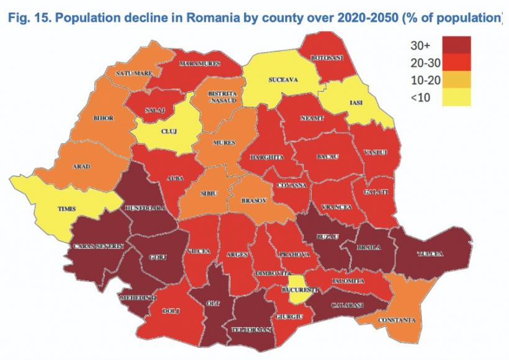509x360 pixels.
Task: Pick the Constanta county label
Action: pyautogui.click(x=398, y=320)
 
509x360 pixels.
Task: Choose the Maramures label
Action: pyautogui.click(x=196, y=64)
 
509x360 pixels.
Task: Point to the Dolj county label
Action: pyautogui.click(x=170, y=310)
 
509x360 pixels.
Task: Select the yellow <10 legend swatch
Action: pyautogui.click(x=456, y=97)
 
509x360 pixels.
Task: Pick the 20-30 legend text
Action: pyautogui.click(x=424, y=64)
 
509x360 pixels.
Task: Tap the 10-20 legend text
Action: pyautogui.click(x=424, y=81)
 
